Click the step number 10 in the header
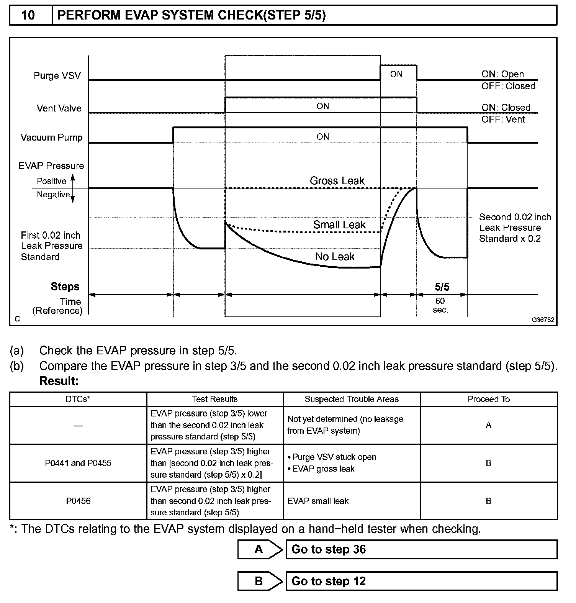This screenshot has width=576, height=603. coord(28,15)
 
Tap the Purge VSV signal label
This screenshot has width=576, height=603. coord(57,75)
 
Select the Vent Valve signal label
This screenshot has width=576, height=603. coord(59,108)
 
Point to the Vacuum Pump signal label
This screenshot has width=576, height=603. coord(52,138)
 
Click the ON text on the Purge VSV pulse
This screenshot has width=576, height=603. coord(396,74)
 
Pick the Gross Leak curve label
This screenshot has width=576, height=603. coord(337,181)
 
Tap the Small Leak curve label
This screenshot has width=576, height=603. coord(339,225)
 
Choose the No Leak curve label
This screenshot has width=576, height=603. coord(335,257)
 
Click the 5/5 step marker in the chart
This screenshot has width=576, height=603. coord(442,287)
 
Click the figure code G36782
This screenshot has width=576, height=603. coord(543,320)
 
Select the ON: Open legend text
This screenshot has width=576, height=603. coord(502,74)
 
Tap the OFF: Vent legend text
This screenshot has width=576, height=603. coord(503,120)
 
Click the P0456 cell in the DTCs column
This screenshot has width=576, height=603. coord(78,501)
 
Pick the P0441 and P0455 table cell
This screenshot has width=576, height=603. coord(78,463)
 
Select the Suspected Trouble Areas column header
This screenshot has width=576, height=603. coord(352,399)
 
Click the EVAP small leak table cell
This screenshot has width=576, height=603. coord(318,501)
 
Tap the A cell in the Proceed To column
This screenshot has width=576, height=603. coord(488,425)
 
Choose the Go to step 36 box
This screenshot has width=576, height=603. coord(421,549)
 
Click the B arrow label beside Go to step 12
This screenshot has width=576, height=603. coord(259,581)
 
